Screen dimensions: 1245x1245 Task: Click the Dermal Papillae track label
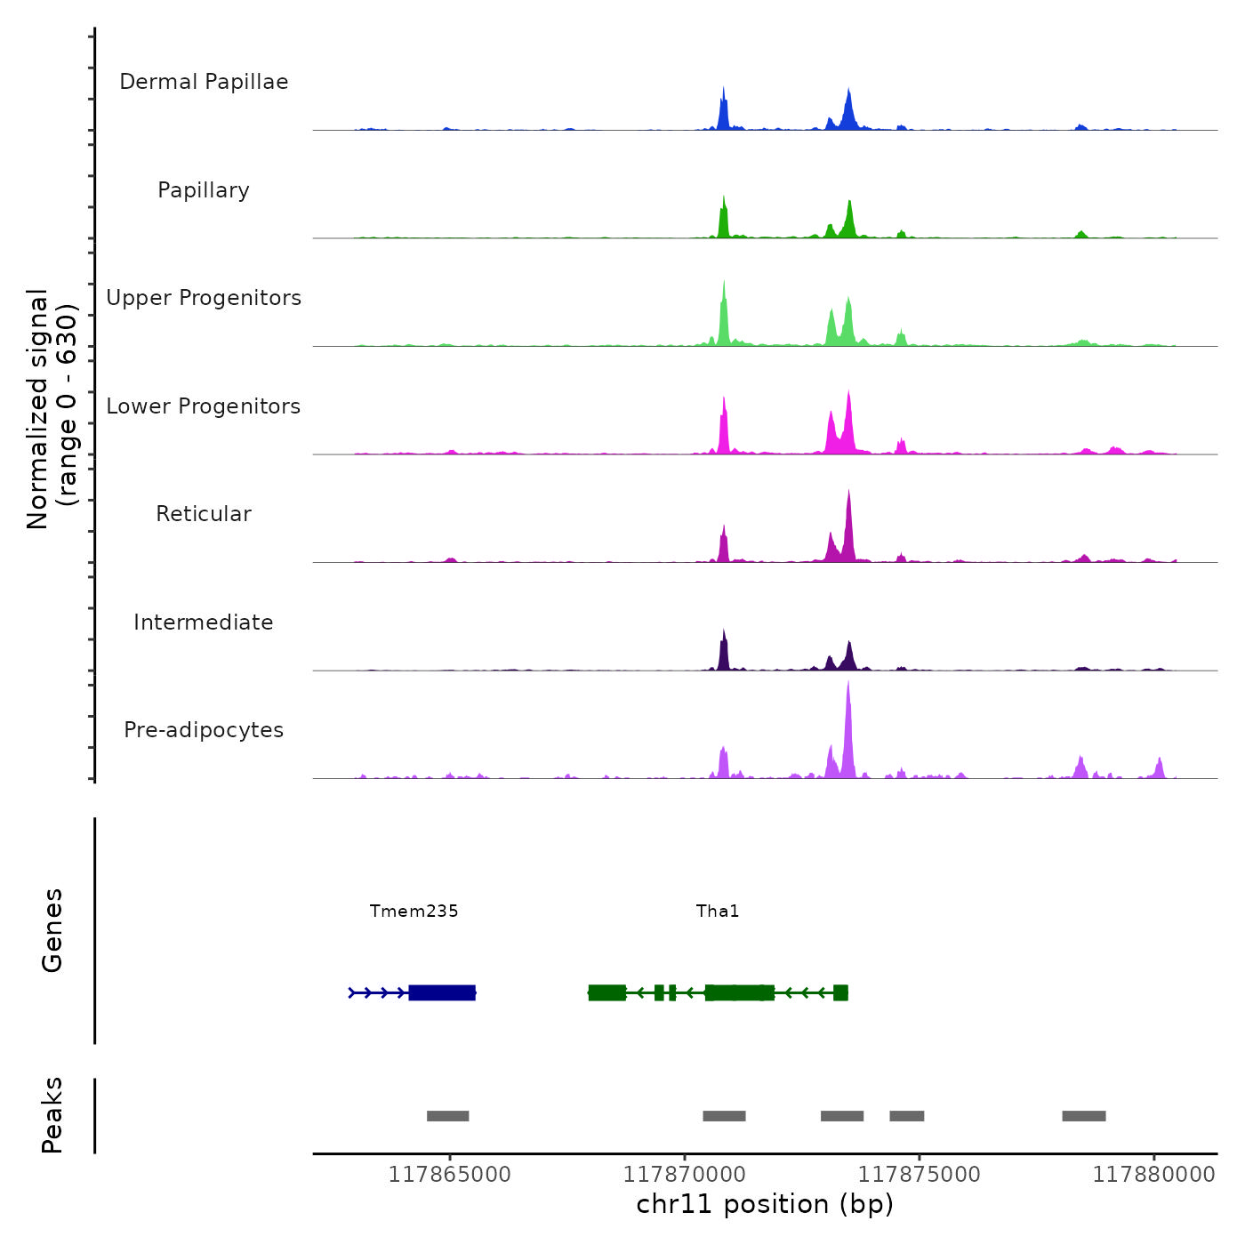(204, 82)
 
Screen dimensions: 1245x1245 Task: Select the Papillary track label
(204, 190)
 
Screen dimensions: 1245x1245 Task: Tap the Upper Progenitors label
(204, 298)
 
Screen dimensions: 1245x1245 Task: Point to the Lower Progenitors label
(204, 406)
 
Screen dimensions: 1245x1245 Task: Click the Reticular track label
(204, 514)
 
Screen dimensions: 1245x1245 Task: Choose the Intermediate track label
(204, 622)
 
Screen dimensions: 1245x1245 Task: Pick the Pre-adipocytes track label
(204, 730)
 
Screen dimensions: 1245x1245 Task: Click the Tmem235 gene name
(414, 911)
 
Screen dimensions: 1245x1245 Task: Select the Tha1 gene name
(718, 911)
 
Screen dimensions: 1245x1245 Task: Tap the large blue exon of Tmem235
(442, 992)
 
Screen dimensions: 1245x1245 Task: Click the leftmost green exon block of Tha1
(606, 992)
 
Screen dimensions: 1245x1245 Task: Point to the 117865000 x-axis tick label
(450, 1174)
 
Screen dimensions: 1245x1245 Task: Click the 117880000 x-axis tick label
(1153, 1174)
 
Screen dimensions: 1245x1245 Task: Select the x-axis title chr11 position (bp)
(765, 1204)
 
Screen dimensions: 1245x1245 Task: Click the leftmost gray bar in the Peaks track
(447, 1116)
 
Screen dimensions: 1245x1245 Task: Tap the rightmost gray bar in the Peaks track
(1084, 1116)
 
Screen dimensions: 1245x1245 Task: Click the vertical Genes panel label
(52, 930)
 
